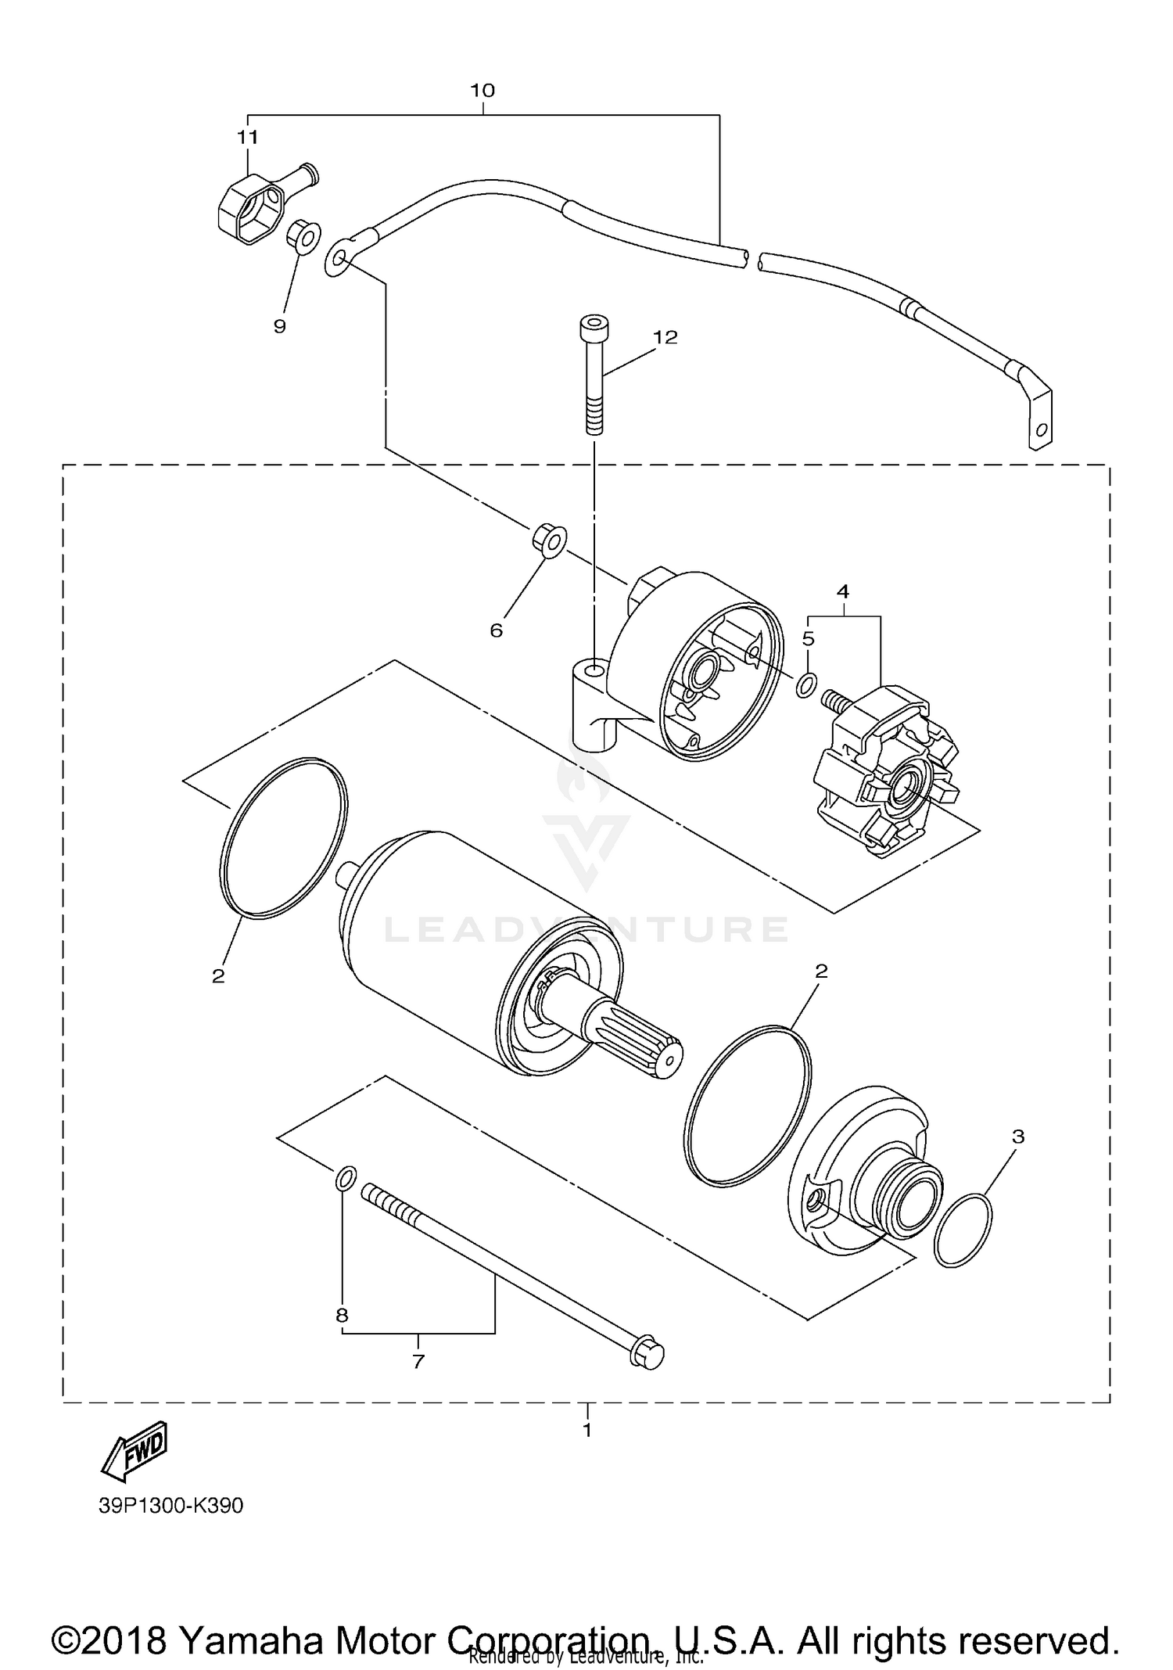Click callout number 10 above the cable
coord(482,91)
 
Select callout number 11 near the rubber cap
coord(248,138)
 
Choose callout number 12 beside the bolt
coord(665,337)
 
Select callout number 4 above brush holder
coord(843,592)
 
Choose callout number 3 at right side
coord(1017,1137)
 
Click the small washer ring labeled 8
coord(346,1178)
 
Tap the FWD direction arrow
coord(135,1452)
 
